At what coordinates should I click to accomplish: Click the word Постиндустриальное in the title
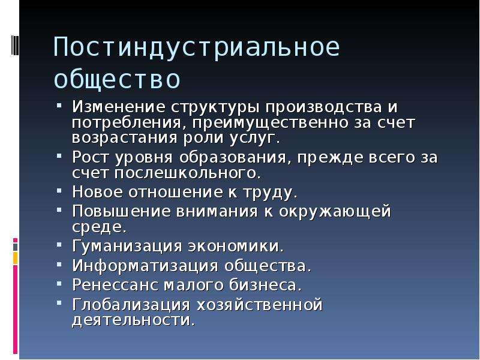tap(197, 47)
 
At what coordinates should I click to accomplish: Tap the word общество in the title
tap(117, 80)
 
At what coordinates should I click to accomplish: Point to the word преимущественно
tap(271, 123)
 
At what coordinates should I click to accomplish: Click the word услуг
tap(254, 139)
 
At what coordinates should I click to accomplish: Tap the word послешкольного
tap(188, 173)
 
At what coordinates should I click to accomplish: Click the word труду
tap(270, 193)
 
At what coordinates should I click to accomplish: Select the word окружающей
tap(335, 212)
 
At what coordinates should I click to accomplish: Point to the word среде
tap(99, 227)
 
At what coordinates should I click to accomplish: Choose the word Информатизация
tap(145, 265)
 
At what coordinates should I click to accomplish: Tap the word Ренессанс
tap(115, 284)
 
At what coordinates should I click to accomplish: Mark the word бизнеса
tap(265, 284)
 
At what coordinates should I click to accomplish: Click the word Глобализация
tap(131, 305)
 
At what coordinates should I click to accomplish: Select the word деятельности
tap(133, 320)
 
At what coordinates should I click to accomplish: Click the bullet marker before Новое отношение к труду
tap(59, 191)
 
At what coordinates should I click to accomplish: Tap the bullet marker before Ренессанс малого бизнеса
tap(59, 283)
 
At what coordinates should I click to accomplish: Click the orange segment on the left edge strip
tap(16, 258)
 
